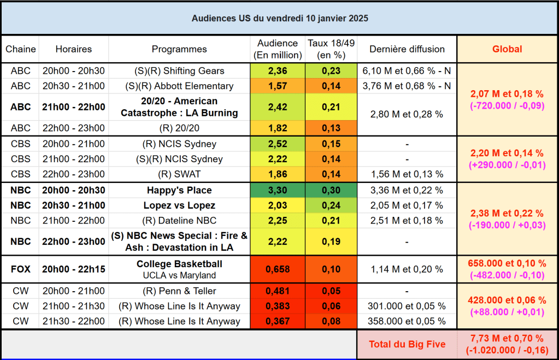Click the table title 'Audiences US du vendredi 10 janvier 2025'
(279, 18)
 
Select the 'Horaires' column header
(74, 49)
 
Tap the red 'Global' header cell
(507, 49)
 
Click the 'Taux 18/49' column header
(331, 49)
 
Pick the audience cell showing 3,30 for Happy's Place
(278, 191)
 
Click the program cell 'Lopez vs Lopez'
(179, 205)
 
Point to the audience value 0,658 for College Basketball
(278, 269)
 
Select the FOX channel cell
(21, 269)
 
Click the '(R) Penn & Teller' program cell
(179, 291)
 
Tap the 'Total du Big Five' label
(407, 344)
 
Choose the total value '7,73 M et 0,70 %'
(507, 339)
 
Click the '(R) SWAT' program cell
(179, 174)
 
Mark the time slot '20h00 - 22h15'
(74, 269)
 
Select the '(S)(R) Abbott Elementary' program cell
(179, 86)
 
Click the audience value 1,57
(278, 86)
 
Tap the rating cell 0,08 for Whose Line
(331, 321)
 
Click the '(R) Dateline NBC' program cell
(179, 220)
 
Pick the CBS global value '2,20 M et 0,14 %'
(507, 154)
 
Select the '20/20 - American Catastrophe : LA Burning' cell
(179, 107)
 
